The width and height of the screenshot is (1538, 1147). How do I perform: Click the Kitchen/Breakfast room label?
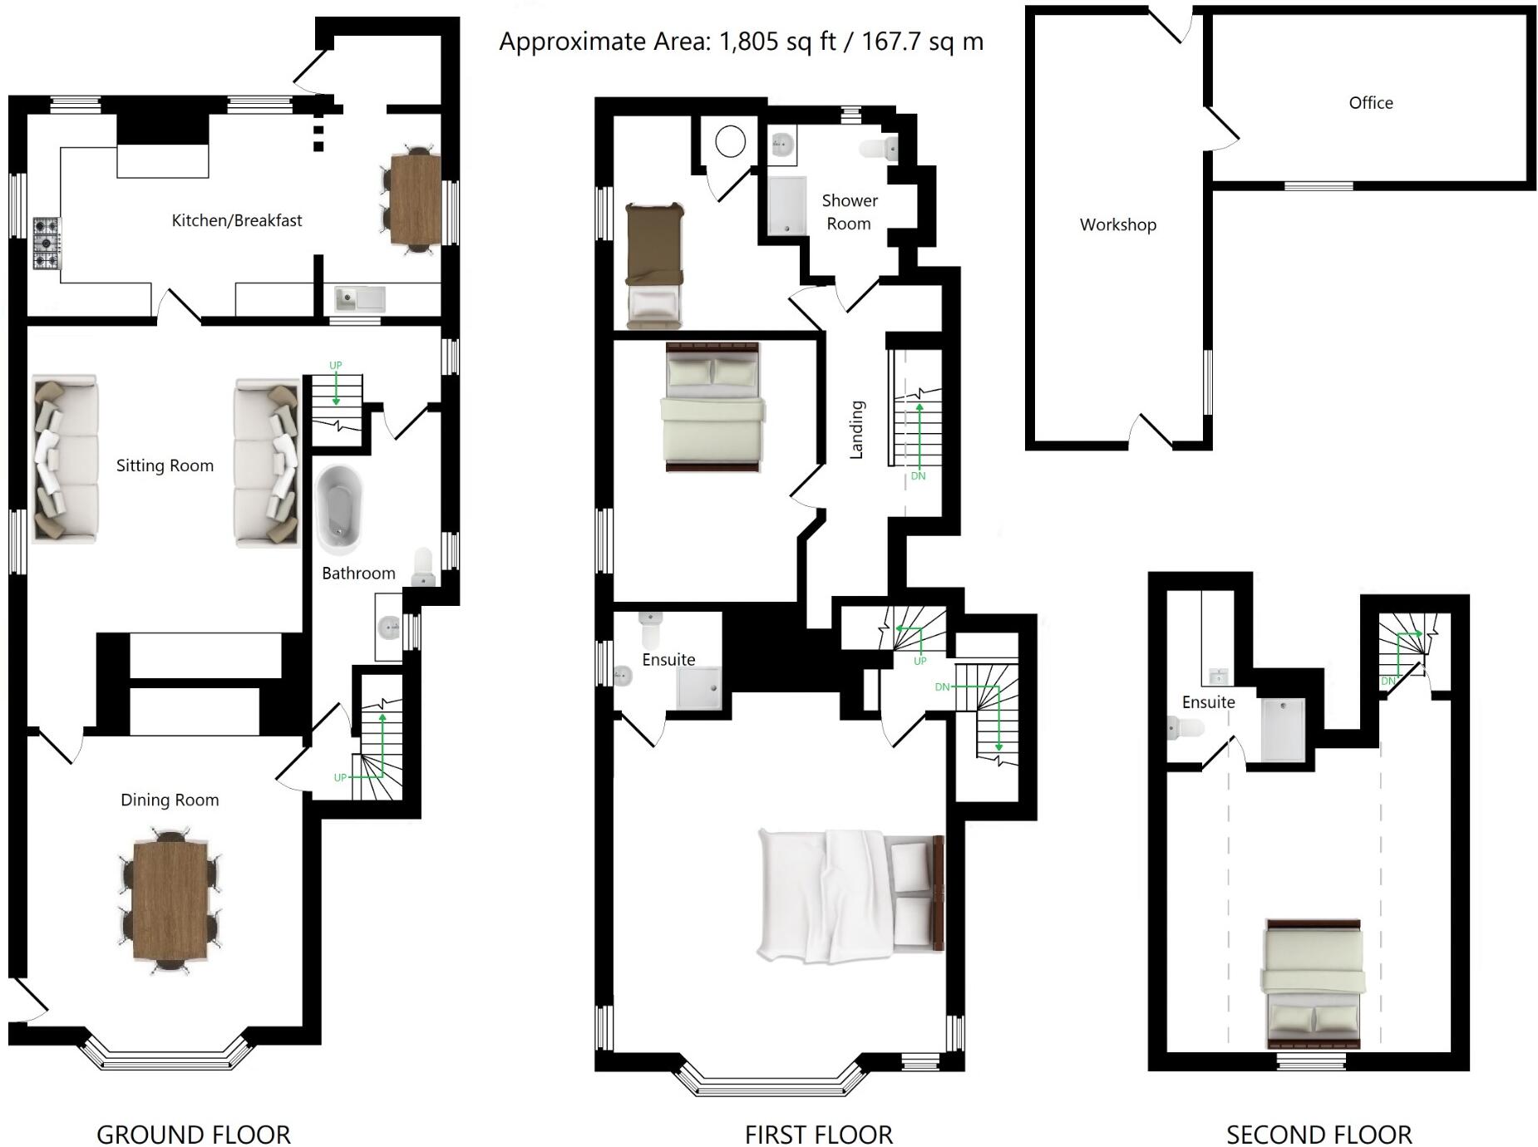tap(236, 220)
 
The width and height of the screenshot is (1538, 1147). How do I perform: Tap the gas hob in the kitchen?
tap(47, 243)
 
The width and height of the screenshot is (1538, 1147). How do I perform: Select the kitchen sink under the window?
tap(359, 298)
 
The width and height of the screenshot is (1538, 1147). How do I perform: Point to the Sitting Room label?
tap(165, 465)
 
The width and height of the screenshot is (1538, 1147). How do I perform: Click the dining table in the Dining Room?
tap(170, 901)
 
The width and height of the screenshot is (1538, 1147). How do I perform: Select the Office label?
tap(1370, 103)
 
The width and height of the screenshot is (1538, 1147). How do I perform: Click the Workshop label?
tap(1117, 224)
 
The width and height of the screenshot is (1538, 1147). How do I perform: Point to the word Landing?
tap(856, 430)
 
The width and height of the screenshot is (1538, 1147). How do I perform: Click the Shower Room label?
tap(849, 212)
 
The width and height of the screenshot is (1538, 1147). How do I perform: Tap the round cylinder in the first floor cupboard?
tap(730, 141)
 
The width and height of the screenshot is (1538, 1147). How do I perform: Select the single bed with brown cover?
tap(654, 264)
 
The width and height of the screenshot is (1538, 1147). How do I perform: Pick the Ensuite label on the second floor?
tap(1208, 702)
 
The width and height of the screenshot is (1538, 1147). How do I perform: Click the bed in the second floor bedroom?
tap(1314, 984)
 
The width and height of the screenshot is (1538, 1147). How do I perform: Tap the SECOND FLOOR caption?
tap(1319, 1134)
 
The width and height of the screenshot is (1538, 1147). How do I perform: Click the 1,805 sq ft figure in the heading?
tap(776, 42)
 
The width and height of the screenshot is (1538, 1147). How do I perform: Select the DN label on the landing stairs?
tap(918, 476)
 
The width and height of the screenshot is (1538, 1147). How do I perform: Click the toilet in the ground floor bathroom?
tap(423, 567)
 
